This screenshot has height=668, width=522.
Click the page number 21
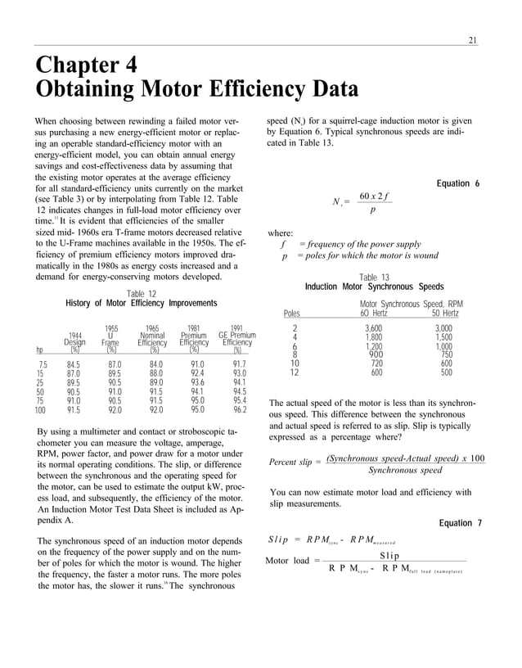click(472, 40)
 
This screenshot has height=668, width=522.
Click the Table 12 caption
click(141, 294)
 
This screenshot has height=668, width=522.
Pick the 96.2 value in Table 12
click(239, 410)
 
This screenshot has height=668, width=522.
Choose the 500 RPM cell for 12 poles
click(446, 372)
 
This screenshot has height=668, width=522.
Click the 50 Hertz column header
click(444, 313)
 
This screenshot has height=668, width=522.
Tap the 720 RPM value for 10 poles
click(376, 363)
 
